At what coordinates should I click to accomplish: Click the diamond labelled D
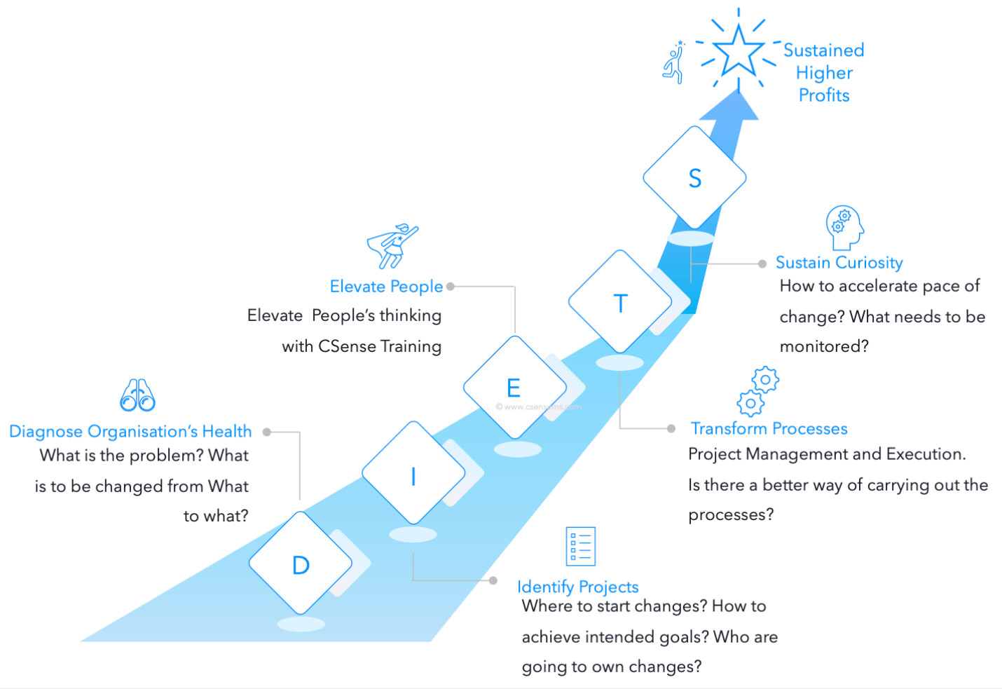pyautogui.click(x=301, y=564)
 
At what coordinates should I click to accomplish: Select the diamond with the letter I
pyautogui.click(x=413, y=473)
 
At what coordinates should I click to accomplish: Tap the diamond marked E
pyautogui.click(x=515, y=388)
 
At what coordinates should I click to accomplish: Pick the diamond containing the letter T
pyautogui.click(x=620, y=301)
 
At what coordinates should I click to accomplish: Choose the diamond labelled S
pyautogui.click(x=694, y=177)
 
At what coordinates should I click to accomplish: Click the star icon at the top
pyautogui.click(x=738, y=50)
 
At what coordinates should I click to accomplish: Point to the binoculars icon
pyautogui.click(x=138, y=395)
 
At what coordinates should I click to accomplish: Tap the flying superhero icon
pyautogui.click(x=392, y=245)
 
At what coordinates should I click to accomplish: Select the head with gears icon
pyautogui.click(x=844, y=227)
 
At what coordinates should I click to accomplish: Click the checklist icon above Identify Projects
pyautogui.click(x=581, y=546)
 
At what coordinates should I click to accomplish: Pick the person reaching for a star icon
pyautogui.click(x=673, y=62)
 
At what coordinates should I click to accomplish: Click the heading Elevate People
pyautogui.click(x=387, y=287)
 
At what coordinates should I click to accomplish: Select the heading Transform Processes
pyautogui.click(x=769, y=429)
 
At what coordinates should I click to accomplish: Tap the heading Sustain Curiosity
pyautogui.click(x=839, y=263)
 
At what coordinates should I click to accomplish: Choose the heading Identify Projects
pyautogui.click(x=578, y=587)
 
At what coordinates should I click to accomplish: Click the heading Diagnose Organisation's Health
pyautogui.click(x=130, y=431)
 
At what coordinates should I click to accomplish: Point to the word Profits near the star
pyautogui.click(x=824, y=95)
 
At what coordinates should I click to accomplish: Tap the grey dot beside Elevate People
pyautogui.click(x=451, y=287)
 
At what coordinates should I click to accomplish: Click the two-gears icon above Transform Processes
pyautogui.click(x=758, y=392)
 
